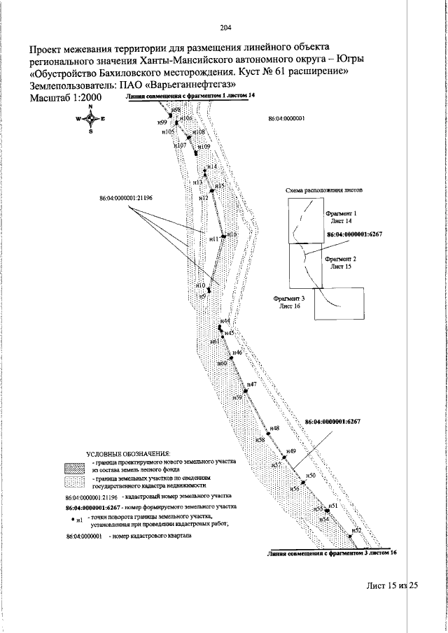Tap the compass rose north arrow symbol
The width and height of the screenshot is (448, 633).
tap(91, 119)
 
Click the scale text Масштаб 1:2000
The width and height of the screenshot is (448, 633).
tap(66, 97)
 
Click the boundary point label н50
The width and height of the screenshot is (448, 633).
tap(311, 475)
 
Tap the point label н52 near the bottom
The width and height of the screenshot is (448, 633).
tap(356, 531)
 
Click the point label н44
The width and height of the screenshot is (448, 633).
tap(225, 320)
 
